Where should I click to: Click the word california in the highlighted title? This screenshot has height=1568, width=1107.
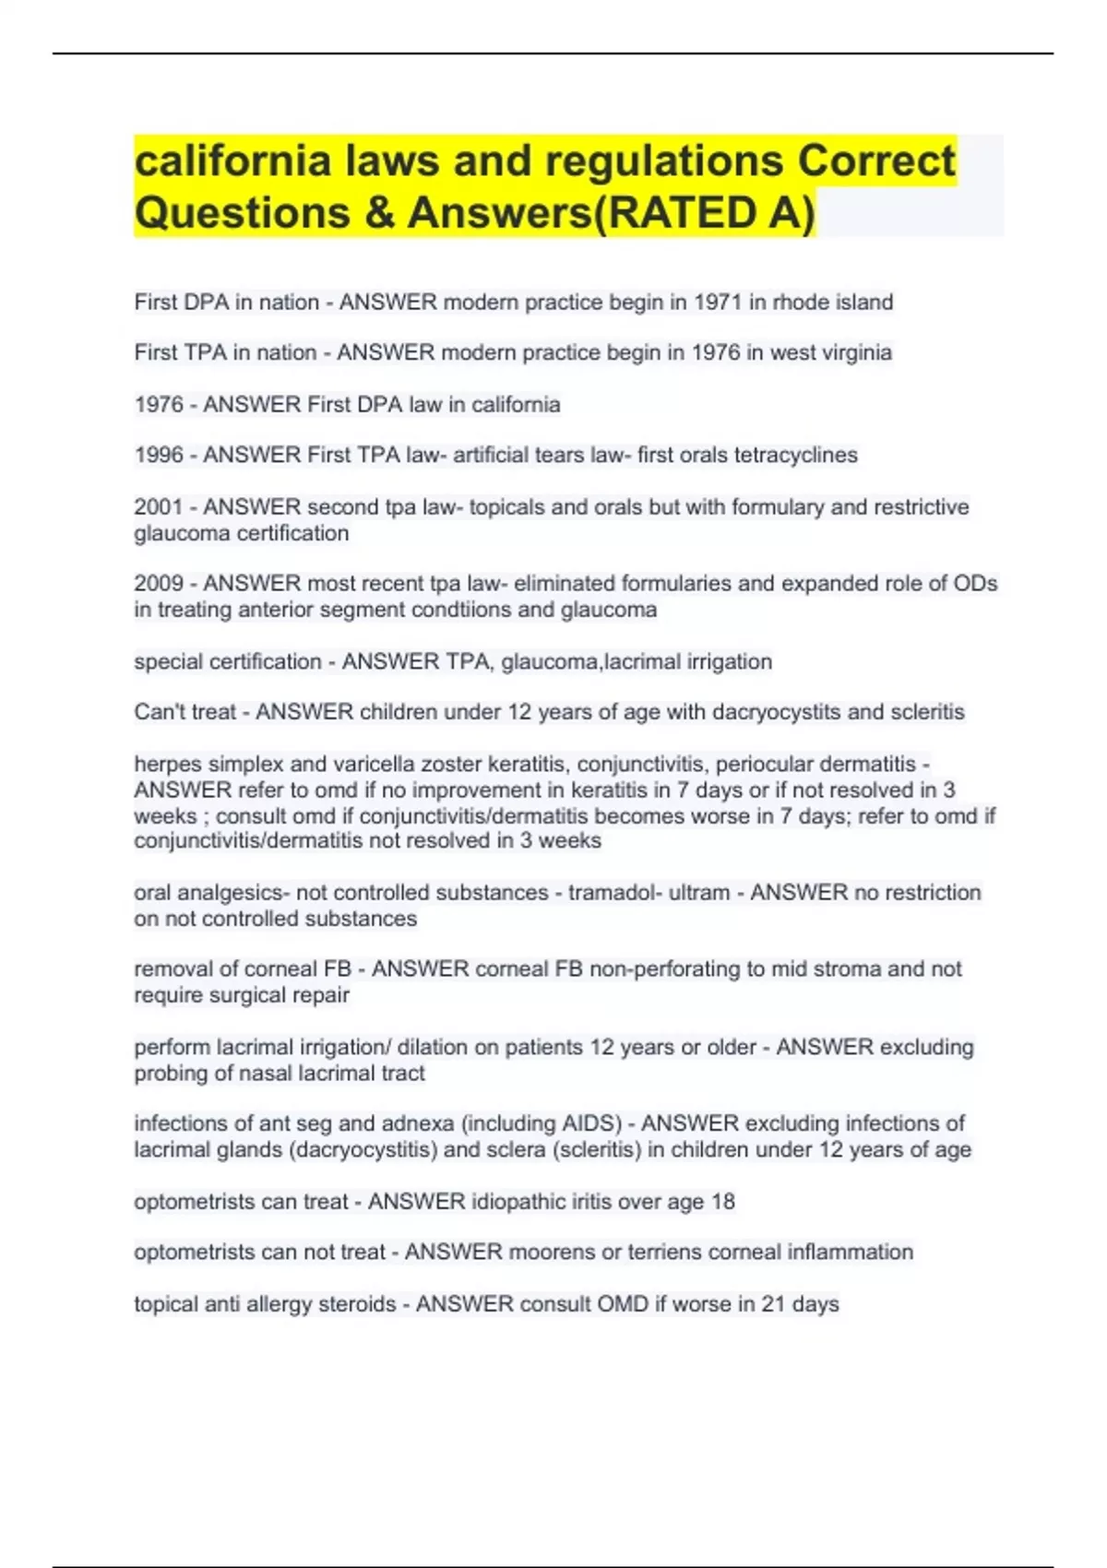[232, 161]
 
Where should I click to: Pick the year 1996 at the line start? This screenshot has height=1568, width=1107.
[159, 455]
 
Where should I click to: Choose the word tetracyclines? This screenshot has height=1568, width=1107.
[795, 455]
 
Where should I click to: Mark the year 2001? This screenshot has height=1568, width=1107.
[159, 506]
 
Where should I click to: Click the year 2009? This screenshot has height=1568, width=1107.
[159, 583]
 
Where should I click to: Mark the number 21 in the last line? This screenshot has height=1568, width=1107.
[772, 1304]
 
